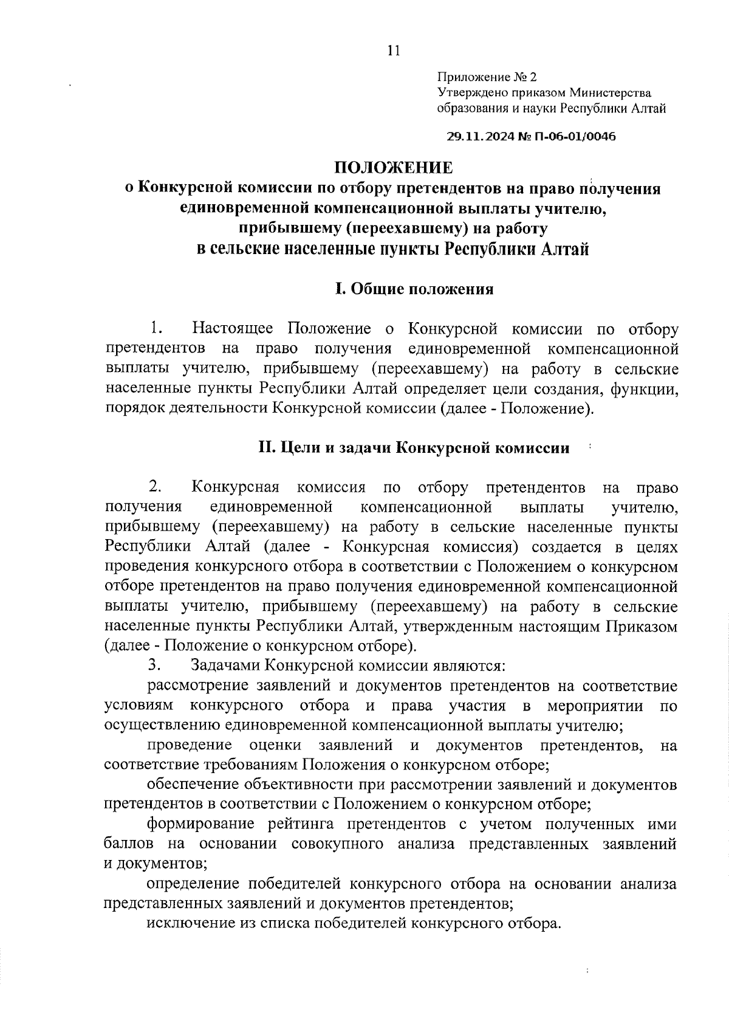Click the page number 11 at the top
coord(393,50)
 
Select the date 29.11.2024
coord(480,137)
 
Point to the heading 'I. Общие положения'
coord(415,289)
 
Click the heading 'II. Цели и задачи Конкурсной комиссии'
coord(414,448)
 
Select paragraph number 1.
coord(156,329)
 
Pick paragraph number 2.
coord(156,487)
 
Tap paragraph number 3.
coord(153,666)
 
